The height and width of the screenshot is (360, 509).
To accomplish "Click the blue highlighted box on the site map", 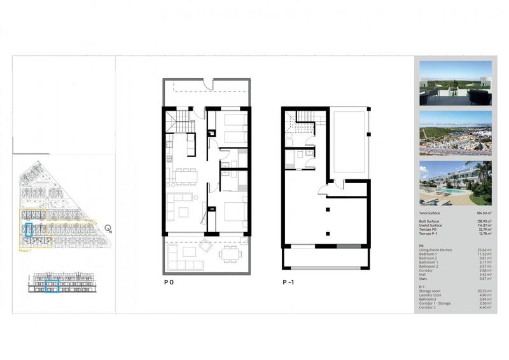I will (x=29, y=230).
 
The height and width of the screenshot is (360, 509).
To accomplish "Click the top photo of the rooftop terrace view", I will (x=455, y=83).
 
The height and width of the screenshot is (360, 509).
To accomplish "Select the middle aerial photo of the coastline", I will (x=455, y=132).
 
